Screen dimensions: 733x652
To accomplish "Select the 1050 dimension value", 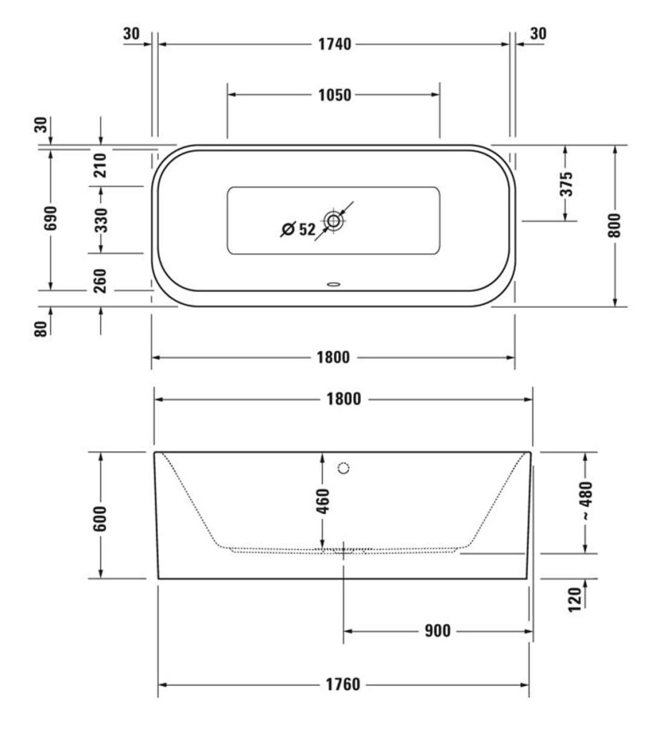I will (333, 94).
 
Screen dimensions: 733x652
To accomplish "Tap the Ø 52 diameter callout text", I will (298, 229).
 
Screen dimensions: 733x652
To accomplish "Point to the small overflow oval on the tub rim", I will (334, 283).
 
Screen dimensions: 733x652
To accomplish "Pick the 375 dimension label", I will (565, 184).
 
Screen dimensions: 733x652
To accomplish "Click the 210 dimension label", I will (100, 165).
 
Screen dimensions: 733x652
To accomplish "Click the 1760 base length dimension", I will (343, 685).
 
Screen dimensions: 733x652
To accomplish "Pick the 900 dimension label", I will (437, 631).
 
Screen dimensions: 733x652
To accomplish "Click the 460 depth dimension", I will (322, 502).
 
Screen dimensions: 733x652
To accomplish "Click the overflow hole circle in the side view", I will (343, 469).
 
